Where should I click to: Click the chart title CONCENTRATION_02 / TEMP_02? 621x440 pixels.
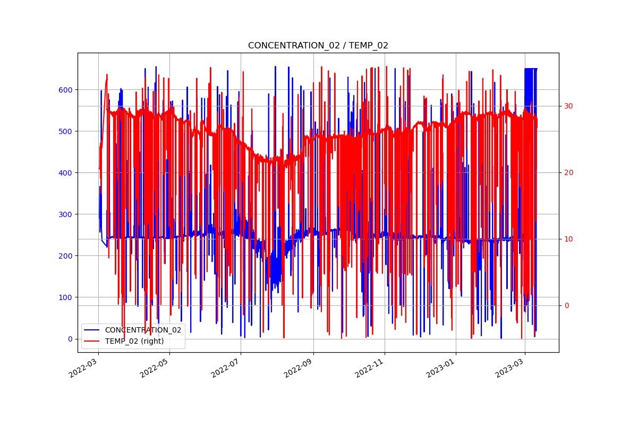coord(318,46)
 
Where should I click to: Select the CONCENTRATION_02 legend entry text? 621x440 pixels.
coord(143,330)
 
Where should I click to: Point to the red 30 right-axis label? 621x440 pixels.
coord(568,106)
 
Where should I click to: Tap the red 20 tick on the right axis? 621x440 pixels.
coord(568,172)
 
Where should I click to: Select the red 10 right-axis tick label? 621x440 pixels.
coord(568,239)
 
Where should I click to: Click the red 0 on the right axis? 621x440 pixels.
coord(566,305)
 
